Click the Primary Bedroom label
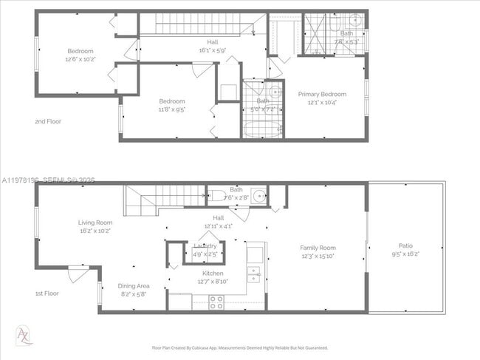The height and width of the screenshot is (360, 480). pyautogui.click(x=322, y=94)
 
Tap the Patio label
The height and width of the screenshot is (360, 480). pyautogui.click(x=405, y=245)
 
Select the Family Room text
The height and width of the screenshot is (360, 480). pyautogui.click(x=318, y=248)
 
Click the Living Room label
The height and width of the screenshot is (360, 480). pyautogui.click(x=95, y=223)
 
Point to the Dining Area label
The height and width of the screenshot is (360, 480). pyautogui.click(x=134, y=285)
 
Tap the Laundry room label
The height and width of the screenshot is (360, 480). pyautogui.click(x=205, y=246)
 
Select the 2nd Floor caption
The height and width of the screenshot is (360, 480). pyautogui.click(x=48, y=120)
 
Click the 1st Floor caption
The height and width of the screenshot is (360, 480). pyautogui.click(x=48, y=293)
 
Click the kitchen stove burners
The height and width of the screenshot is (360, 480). pyautogui.click(x=217, y=302)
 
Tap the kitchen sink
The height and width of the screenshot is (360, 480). pyautogui.click(x=253, y=274)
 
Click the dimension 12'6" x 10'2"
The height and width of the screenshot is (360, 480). pyautogui.click(x=81, y=59)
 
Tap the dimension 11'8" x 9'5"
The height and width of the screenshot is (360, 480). pyautogui.click(x=172, y=109)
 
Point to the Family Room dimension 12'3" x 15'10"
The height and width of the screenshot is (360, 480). pyautogui.click(x=318, y=257)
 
